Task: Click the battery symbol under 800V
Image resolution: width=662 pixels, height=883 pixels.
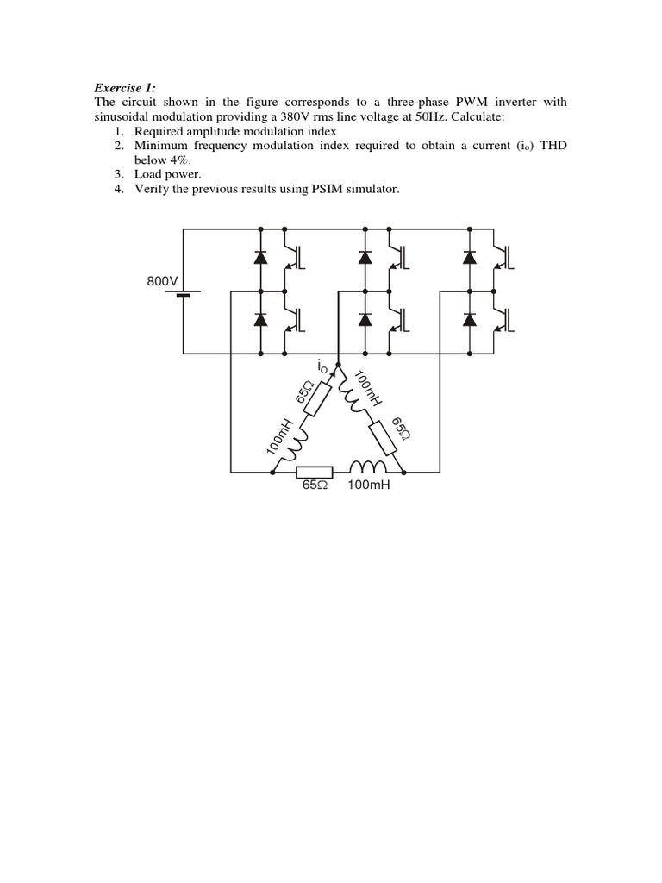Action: click(183, 296)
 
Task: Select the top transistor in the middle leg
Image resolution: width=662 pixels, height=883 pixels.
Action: click(398, 256)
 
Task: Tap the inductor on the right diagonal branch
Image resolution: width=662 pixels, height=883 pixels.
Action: click(353, 392)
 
